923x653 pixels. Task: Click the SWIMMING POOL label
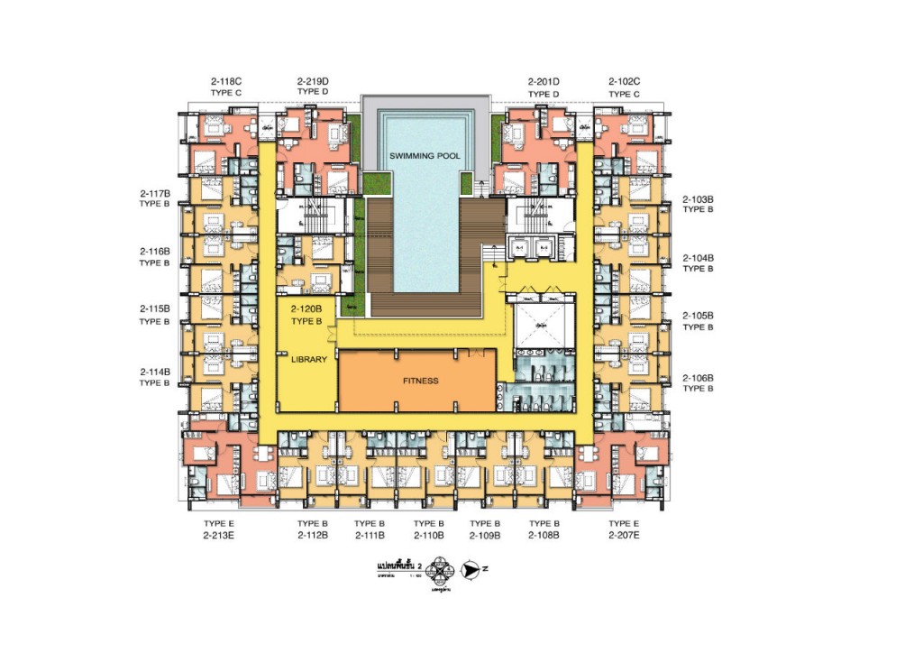[425, 156]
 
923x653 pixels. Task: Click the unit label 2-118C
[223, 82]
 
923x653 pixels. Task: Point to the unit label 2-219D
[312, 82]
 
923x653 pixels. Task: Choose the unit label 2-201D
[544, 82]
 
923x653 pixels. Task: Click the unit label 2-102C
[624, 82]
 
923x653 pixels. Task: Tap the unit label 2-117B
[155, 193]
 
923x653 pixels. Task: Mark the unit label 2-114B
[155, 372]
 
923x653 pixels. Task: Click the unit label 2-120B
[306, 309]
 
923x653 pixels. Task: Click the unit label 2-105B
[698, 316]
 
